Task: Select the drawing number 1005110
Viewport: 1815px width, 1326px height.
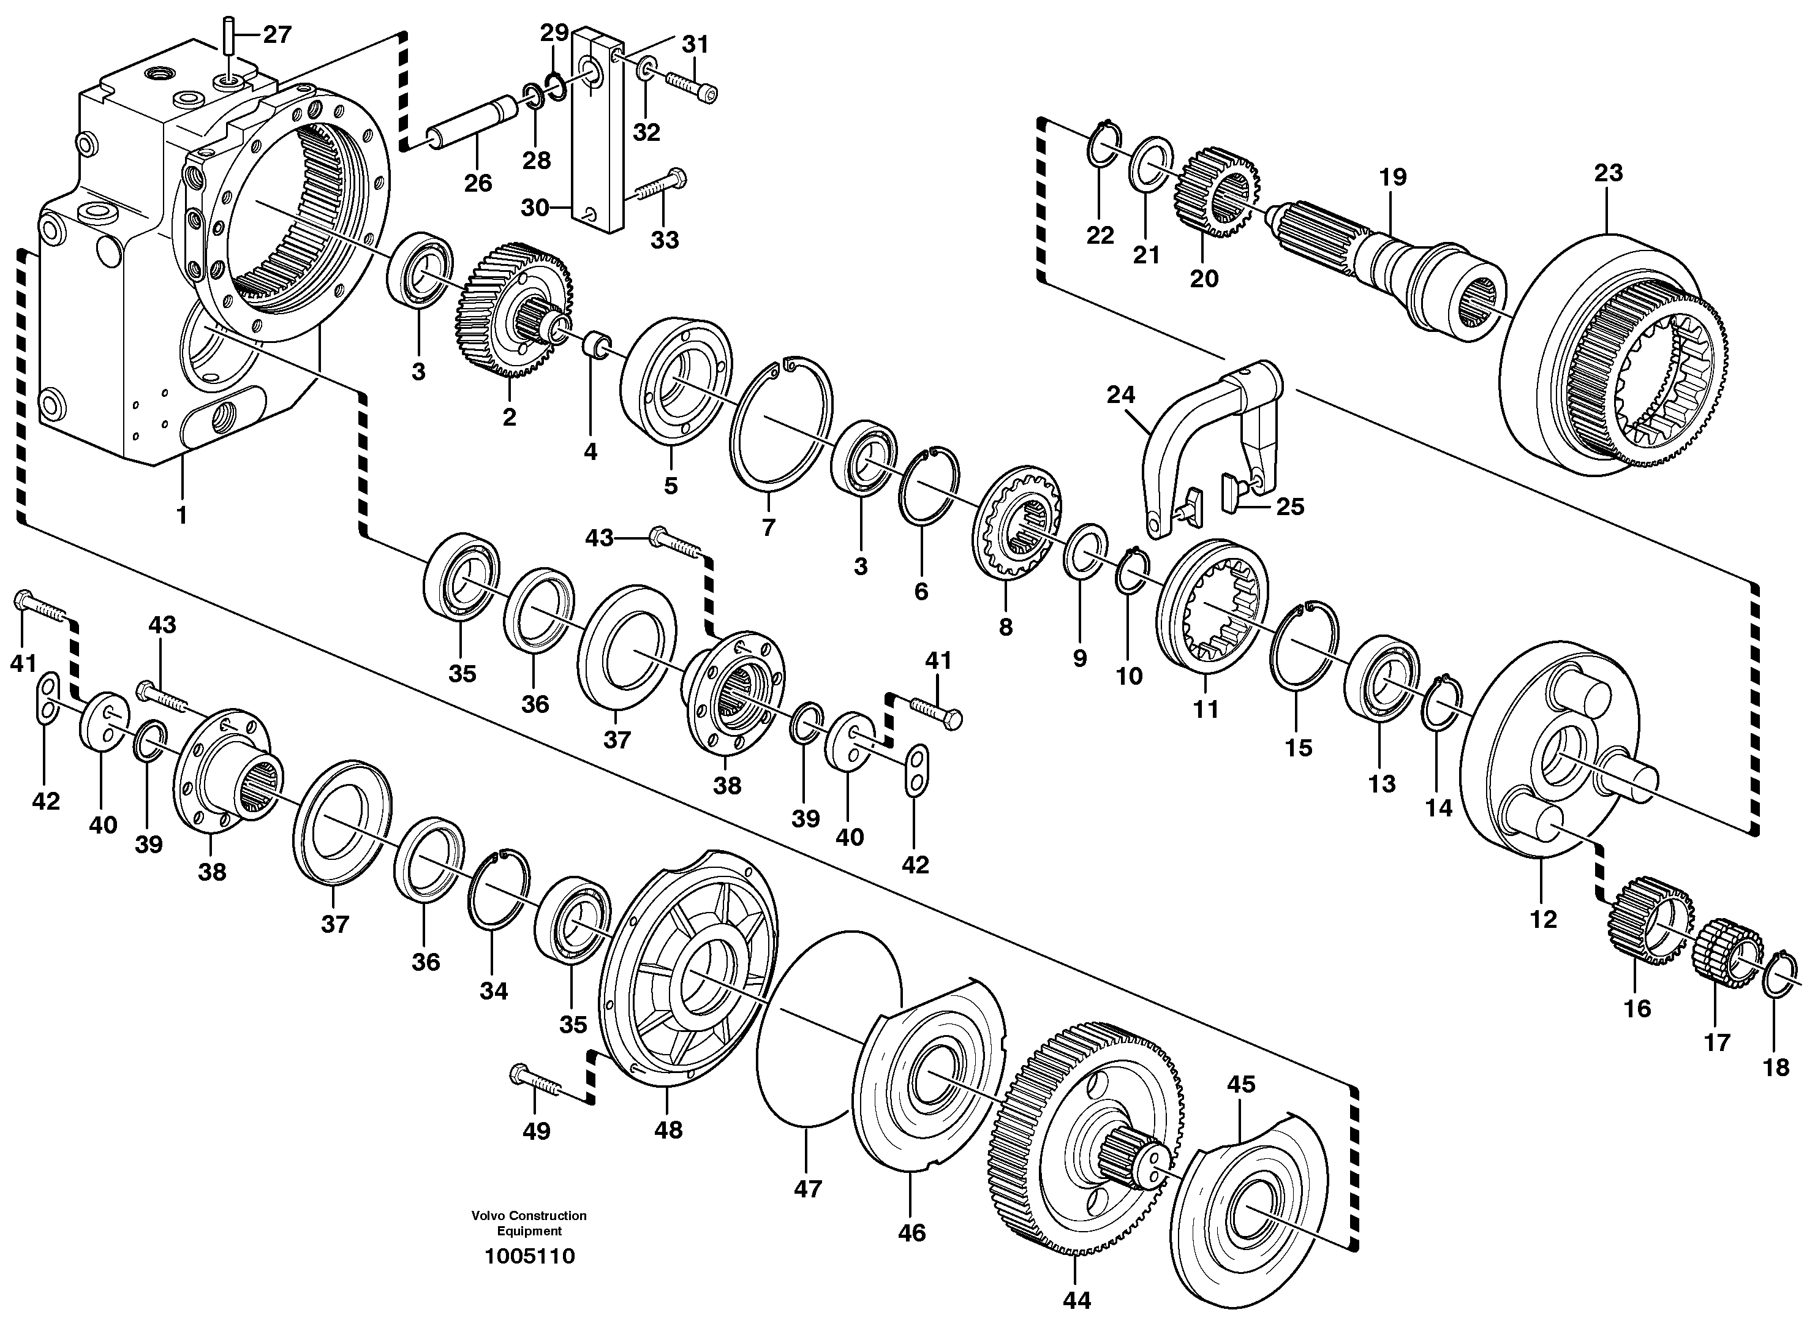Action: [x=530, y=1256]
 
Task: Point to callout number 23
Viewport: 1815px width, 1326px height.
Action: [x=1608, y=173]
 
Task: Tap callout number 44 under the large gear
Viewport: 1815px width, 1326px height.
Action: [x=1076, y=1300]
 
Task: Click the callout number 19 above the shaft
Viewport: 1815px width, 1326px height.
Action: [x=1393, y=176]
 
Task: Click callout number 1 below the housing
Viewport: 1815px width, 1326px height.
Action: [x=181, y=514]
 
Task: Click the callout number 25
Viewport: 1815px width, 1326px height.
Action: [x=1289, y=507]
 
